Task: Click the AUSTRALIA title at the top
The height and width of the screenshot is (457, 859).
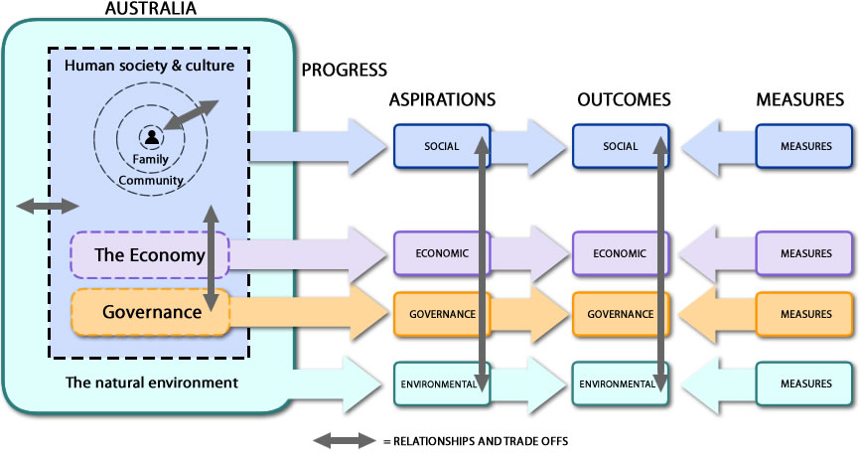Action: (x=150, y=9)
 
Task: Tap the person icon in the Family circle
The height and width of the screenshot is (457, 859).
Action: (x=151, y=137)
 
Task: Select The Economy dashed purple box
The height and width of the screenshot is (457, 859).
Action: (x=149, y=254)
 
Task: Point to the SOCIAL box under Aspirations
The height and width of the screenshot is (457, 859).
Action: (x=441, y=146)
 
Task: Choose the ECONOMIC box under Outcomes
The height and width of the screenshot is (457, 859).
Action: (x=621, y=253)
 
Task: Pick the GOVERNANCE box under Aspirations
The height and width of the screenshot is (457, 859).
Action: (x=441, y=314)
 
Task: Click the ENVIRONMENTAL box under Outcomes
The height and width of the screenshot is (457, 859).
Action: (x=621, y=383)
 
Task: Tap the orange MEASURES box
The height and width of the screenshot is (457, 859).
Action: (x=804, y=314)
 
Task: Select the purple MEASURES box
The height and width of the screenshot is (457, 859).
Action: (x=804, y=253)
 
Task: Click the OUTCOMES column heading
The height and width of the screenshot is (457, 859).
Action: (x=624, y=100)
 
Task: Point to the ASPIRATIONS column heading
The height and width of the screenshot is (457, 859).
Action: (x=442, y=100)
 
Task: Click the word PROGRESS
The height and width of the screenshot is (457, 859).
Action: (x=344, y=71)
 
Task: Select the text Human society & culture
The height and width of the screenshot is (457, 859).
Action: (x=149, y=66)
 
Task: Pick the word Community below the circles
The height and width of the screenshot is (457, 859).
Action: (x=151, y=180)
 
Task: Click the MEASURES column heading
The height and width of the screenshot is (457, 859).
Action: (x=799, y=100)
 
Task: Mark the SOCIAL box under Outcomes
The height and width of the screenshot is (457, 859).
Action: (x=621, y=146)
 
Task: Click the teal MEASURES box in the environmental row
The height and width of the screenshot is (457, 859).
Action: (x=804, y=383)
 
